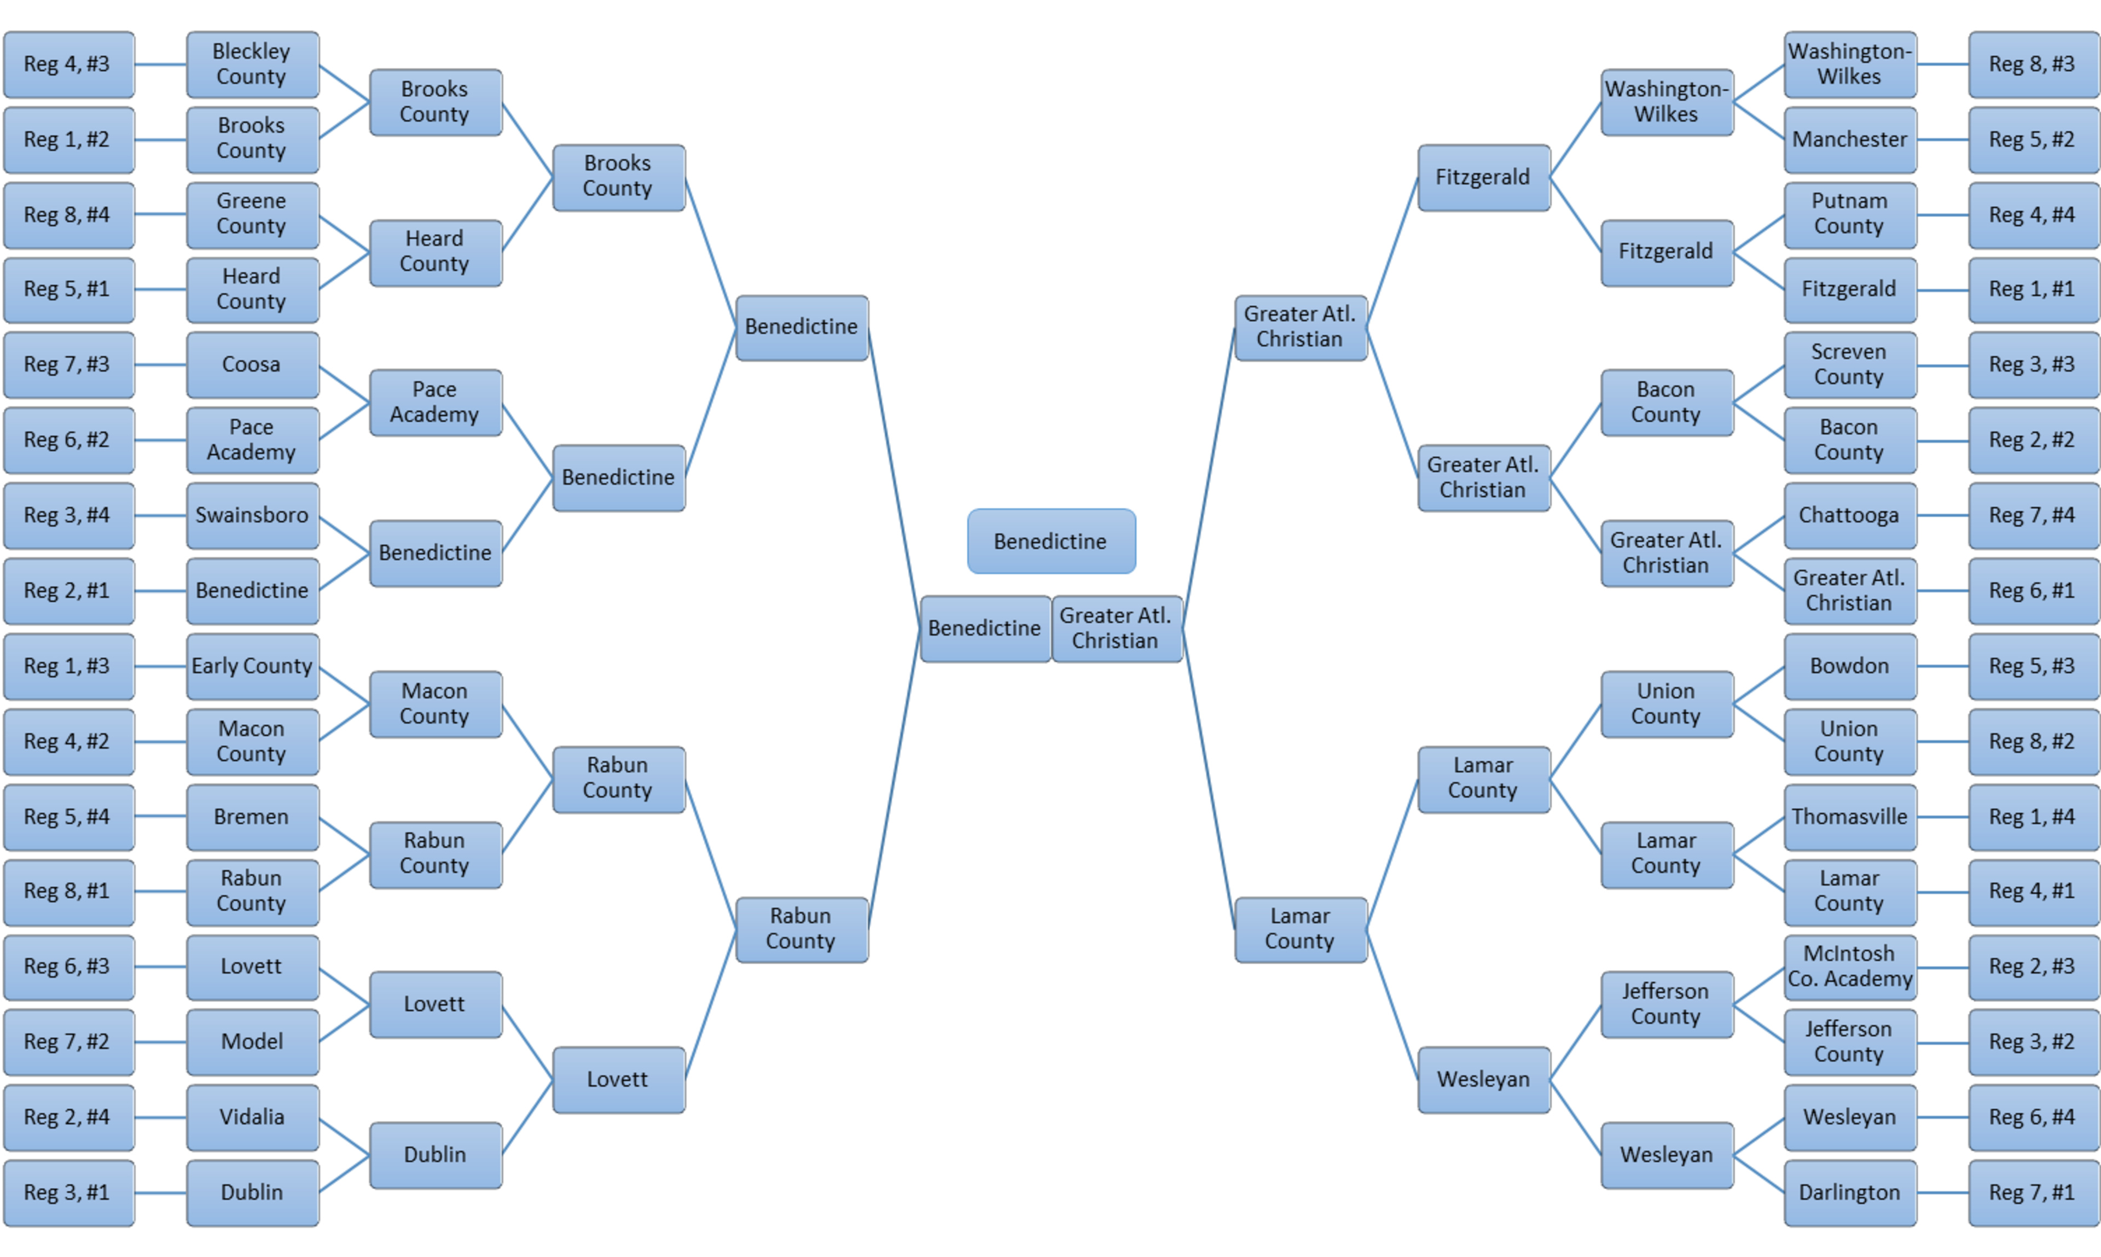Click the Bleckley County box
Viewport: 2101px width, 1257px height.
[252, 65]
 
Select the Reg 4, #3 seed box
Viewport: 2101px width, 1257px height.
[68, 65]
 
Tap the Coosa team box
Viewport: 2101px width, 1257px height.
[252, 365]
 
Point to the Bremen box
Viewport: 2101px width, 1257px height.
[252, 817]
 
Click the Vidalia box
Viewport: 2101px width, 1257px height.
[252, 1116]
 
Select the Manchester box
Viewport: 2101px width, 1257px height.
[1849, 140]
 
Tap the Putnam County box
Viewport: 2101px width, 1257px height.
[1849, 214]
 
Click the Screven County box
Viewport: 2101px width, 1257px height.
[1849, 365]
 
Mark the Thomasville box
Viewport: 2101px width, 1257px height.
[1849, 817]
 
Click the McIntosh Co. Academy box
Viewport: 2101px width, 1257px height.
[1849, 967]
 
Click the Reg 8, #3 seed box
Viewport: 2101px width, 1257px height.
[2033, 65]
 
